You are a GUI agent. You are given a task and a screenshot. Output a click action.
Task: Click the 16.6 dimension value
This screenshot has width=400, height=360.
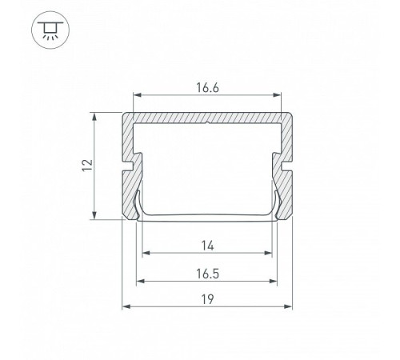pyautogui.click(x=207, y=87)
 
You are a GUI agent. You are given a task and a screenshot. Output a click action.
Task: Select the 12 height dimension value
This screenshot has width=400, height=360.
pyautogui.click(x=87, y=166)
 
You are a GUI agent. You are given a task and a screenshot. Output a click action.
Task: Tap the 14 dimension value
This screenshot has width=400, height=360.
pyautogui.click(x=207, y=246)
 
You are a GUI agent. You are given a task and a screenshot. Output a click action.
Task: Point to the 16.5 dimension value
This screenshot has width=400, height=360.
pyautogui.click(x=207, y=274)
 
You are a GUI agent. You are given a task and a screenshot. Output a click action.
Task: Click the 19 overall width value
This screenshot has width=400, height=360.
pyautogui.click(x=207, y=299)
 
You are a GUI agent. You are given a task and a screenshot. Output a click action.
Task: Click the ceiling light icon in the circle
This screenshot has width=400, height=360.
pyautogui.click(x=50, y=30)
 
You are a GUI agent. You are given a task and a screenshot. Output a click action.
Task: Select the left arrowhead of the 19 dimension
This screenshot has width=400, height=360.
pyautogui.click(x=126, y=306)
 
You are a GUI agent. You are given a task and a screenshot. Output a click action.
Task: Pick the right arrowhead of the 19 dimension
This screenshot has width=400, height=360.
pyautogui.click(x=288, y=306)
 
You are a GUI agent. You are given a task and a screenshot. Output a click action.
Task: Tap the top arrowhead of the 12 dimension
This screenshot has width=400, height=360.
pyautogui.click(x=94, y=117)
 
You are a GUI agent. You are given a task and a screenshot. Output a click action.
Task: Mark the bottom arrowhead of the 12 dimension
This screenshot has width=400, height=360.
pyautogui.click(x=94, y=215)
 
